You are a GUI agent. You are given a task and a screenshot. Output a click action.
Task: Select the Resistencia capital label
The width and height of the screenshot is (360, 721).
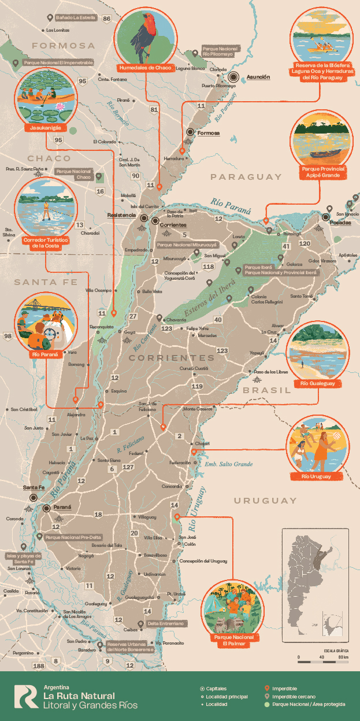(x=121, y=215)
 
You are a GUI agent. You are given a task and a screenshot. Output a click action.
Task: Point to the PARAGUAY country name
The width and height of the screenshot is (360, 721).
(x=246, y=177)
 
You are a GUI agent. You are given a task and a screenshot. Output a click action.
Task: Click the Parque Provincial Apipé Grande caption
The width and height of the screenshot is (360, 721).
(x=323, y=173)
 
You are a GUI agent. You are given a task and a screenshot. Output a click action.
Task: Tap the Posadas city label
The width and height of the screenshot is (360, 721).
(x=336, y=222)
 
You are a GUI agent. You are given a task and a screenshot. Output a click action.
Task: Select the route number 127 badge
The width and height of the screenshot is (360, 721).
(x=128, y=467)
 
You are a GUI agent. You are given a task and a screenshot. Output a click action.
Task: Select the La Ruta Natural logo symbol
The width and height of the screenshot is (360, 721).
(x=26, y=696)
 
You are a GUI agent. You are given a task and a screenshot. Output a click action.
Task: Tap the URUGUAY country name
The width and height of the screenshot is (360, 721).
(x=265, y=500)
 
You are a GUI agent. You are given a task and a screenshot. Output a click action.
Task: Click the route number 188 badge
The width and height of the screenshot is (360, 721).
(x=39, y=666)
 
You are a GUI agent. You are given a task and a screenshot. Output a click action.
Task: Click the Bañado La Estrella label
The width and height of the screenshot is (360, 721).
(x=75, y=18)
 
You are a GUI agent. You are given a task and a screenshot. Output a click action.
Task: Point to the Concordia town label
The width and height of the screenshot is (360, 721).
(x=171, y=486)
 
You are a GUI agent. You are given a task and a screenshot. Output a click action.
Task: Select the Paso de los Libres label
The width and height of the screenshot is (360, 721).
(x=272, y=371)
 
